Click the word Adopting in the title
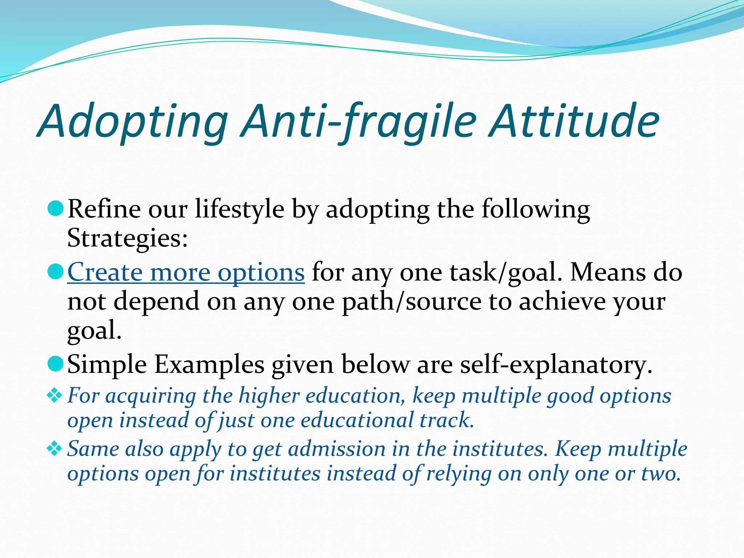[x=133, y=122]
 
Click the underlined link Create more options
[x=186, y=272]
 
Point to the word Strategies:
[x=127, y=238]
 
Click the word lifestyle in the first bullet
[x=239, y=210]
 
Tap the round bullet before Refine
[x=56, y=209]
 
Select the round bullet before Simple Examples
[x=56, y=364]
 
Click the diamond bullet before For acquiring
[x=54, y=396]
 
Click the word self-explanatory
[x=556, y=365]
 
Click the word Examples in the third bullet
[x=209, y=365]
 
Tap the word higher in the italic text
[x=268, y=396]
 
